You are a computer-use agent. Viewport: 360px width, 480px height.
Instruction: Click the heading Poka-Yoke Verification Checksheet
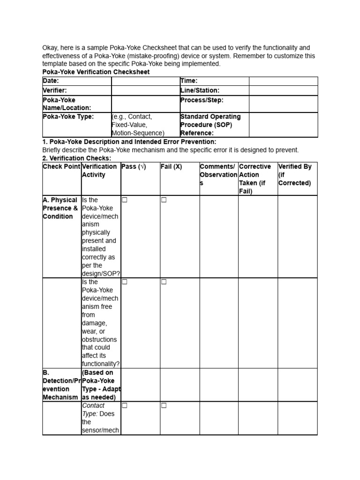(96, 72)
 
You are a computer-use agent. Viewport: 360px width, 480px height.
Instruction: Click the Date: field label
(51, 81)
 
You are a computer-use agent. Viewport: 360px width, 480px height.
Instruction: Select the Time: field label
(189, 81)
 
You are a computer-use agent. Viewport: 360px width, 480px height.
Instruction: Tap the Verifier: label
(55, 90)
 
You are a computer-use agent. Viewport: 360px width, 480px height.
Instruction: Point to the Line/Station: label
(200, 90)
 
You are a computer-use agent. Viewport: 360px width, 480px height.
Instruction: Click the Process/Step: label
(202, 100)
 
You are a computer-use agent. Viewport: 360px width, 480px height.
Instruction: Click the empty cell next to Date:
(145, 81)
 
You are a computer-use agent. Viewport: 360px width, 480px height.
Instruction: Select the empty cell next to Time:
(283, 81)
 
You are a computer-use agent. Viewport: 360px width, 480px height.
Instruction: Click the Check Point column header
(61, 166)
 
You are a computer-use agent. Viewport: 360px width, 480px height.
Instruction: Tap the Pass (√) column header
(134, 166)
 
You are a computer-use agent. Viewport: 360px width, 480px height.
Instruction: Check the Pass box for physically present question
(125, 200)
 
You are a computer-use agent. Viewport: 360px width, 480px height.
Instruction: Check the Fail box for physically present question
(164, 200)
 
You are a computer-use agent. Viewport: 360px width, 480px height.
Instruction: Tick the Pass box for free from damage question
(125, 282)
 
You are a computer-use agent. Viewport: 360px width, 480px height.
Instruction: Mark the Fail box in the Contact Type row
(164, 405)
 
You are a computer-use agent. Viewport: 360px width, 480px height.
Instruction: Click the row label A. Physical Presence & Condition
(60, 208)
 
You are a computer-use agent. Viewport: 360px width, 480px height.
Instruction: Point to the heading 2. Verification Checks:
(77, 158)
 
